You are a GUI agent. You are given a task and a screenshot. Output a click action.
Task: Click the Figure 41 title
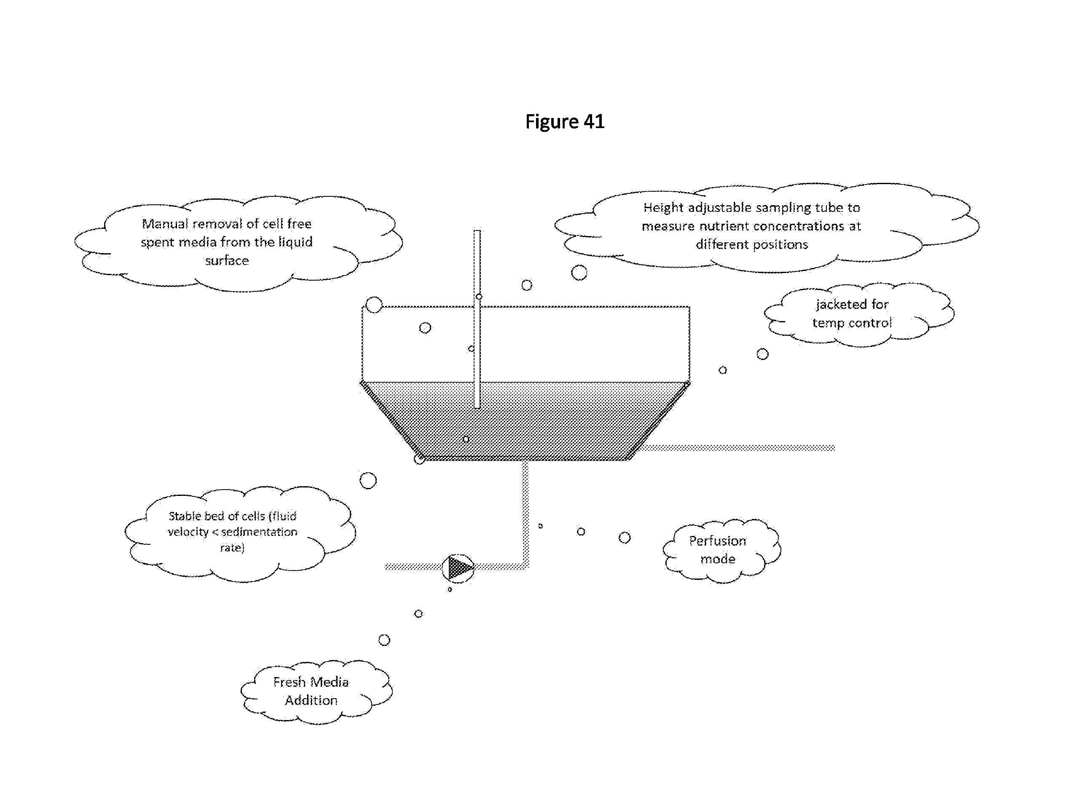click(x=565, y=122)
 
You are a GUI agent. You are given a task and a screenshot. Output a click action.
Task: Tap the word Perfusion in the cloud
click(x=717, y=541)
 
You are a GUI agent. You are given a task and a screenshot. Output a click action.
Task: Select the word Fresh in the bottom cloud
click(x=290, y=682)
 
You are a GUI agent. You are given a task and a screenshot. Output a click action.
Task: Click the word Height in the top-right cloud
click(x=663, y=208)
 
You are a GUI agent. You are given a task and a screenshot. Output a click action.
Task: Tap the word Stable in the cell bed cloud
click(x=184, y=516)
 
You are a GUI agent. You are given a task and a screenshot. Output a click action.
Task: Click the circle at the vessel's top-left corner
click(x=374, y=305)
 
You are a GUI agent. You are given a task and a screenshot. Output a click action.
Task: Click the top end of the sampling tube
click(x=477, y=231)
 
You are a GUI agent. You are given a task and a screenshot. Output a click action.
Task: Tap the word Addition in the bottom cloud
click(x=311, y=700)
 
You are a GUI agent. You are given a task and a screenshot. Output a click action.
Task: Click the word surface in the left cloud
click(x=227, y=260)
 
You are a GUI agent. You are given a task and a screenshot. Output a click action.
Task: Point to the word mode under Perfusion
click(x=718, y=559)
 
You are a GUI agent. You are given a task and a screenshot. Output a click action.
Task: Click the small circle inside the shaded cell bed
click(x=466, y=439)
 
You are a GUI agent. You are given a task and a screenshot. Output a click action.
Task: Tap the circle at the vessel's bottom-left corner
click(x=419, y=459)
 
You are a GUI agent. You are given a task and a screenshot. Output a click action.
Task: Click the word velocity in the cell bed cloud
click(x=188, y=532)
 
